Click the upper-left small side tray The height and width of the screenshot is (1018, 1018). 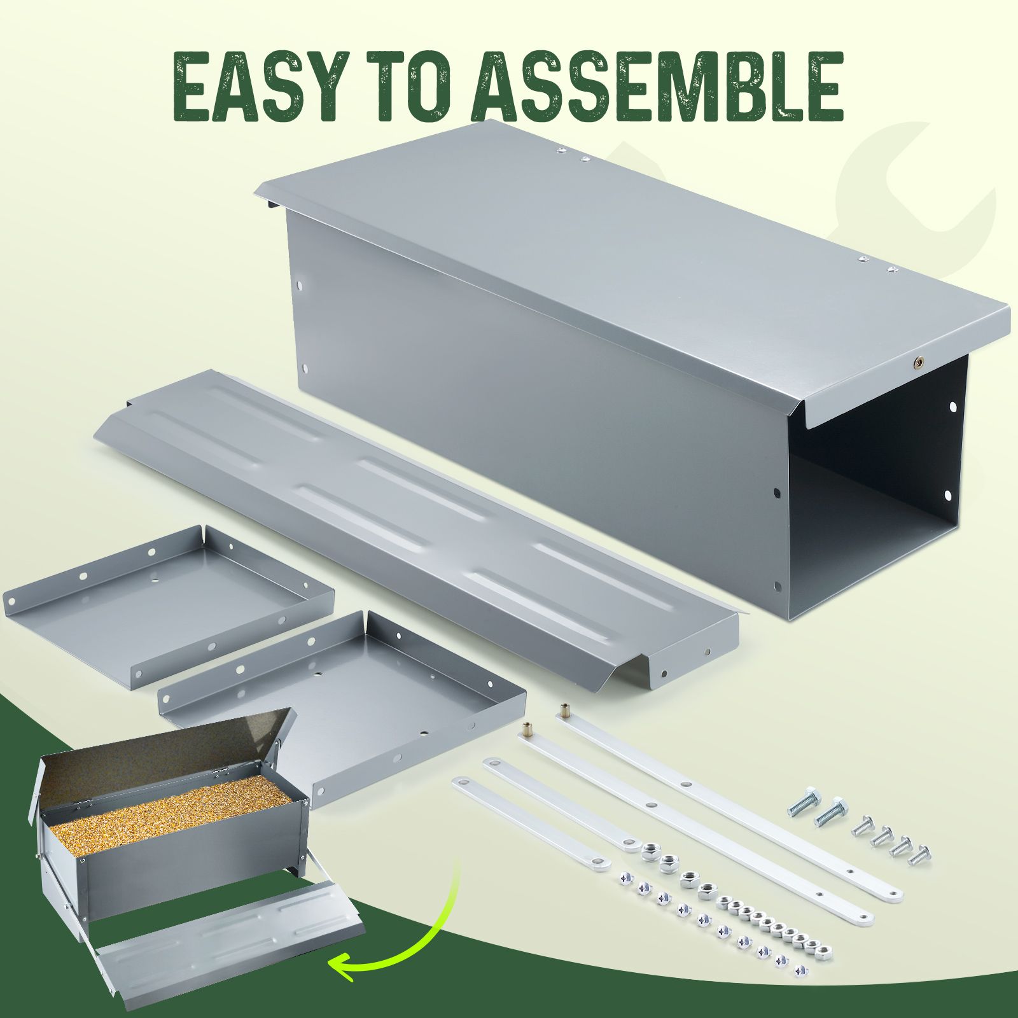coord(169,604)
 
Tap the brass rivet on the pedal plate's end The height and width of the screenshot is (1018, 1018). coord(708,651)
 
